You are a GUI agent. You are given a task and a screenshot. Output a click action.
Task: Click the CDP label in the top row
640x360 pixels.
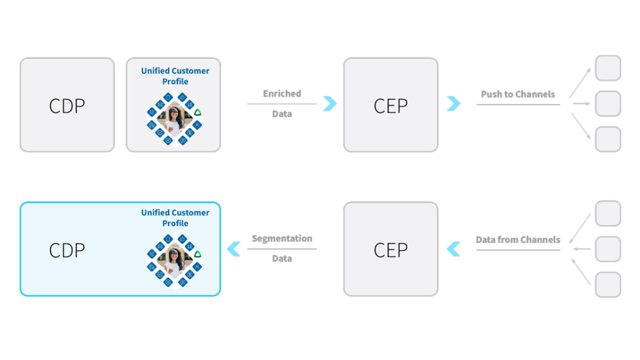point(67,106)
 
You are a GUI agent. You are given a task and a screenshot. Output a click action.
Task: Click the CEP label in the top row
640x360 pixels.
point(391,106)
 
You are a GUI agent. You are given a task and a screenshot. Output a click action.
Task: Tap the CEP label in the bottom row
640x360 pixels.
point(391,250)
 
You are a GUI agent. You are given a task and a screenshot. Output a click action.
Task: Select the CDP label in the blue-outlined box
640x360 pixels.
point(67,250)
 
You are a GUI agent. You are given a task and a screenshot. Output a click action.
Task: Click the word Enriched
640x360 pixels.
point(282,94)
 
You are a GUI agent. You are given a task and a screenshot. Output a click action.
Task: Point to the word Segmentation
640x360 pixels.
point(282,239)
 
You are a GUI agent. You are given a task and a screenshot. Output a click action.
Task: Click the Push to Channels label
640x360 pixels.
point(517,94)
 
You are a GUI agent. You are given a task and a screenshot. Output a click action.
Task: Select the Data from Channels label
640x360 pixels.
point(517,239)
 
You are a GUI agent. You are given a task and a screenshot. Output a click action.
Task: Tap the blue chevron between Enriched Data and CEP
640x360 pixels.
point(329,104)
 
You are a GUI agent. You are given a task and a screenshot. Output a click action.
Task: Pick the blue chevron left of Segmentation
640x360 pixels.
point(234,249)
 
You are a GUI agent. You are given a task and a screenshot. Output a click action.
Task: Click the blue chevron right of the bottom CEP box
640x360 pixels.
point(454,249)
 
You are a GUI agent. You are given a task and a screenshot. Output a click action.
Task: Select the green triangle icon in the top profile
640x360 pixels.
point(197,112)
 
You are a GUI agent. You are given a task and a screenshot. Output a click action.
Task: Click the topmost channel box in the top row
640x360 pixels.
point(608,68)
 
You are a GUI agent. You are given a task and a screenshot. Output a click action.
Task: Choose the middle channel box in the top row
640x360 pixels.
point(608,104)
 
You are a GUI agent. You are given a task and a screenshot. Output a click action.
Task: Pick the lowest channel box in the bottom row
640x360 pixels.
point(608,284)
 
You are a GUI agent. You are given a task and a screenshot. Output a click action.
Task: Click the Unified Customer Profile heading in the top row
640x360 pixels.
point(175,76)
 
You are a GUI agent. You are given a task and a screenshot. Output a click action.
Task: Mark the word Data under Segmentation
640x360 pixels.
point(282,259)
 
